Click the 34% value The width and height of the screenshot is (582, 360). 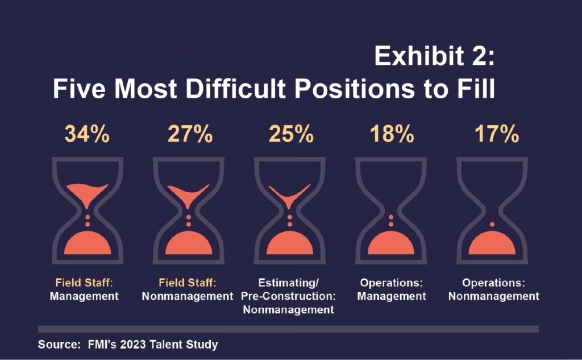click(87, 135)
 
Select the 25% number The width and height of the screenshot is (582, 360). click(290, 135)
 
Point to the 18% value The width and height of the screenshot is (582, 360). click(392, 135)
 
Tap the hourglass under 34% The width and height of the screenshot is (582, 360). click(87, 210)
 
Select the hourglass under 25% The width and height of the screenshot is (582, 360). click(290, 210)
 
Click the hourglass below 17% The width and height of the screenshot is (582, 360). click(493, 210)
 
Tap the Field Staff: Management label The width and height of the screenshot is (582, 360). click(84, 289)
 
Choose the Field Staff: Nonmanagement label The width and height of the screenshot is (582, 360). click(188, 289)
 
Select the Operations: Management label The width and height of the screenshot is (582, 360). click(393, 289)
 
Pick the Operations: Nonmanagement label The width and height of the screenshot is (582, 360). click(493, 289)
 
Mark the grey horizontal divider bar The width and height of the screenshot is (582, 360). click(288, 329)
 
